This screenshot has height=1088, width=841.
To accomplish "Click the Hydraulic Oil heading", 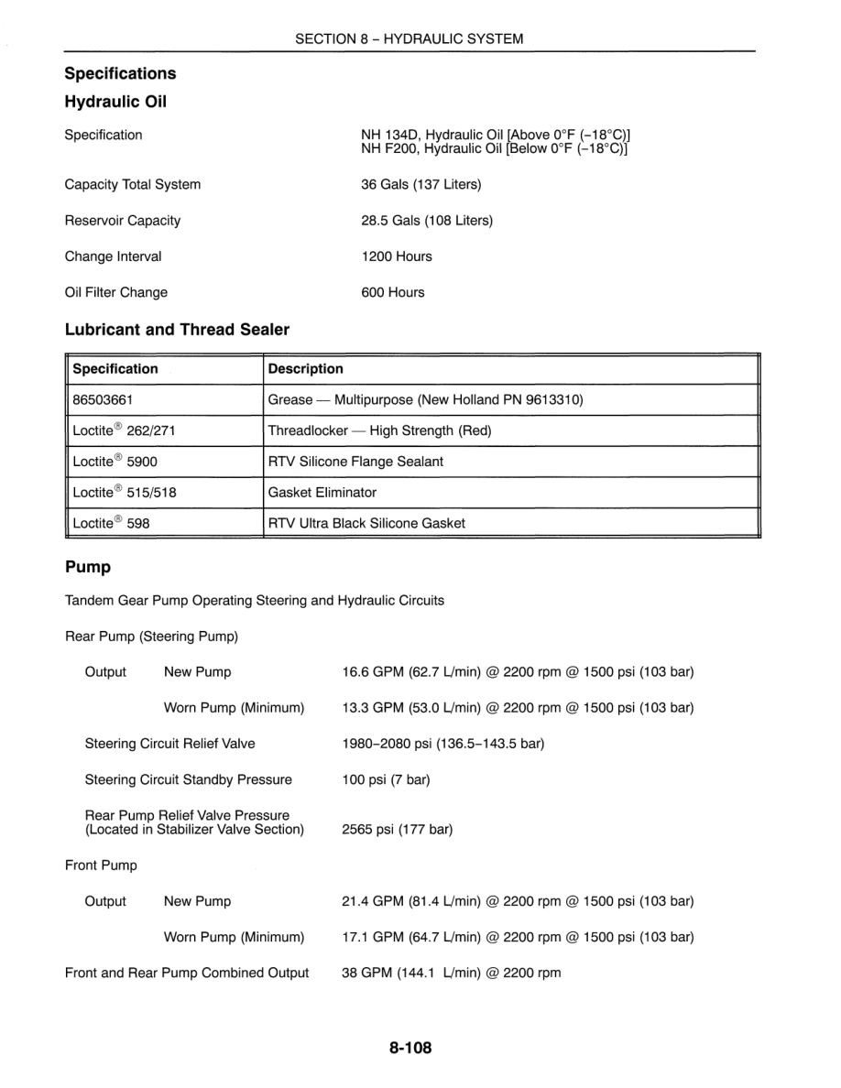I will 115,102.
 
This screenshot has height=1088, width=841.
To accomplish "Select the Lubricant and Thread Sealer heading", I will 177,330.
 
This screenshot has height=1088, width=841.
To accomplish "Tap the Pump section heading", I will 88,567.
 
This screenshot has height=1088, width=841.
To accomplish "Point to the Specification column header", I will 115,369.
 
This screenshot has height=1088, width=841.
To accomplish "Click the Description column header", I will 306,369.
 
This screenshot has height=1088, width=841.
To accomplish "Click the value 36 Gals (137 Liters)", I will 420,184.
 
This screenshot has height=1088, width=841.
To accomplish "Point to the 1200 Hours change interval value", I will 397,256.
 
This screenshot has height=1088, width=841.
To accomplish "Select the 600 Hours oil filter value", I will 393,292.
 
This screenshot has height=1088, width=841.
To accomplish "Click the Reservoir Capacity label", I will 123,221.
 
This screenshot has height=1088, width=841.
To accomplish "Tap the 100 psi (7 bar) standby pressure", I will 386,780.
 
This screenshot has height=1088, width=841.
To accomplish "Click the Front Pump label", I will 101,865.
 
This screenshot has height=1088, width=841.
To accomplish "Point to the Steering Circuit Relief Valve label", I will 170,744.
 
